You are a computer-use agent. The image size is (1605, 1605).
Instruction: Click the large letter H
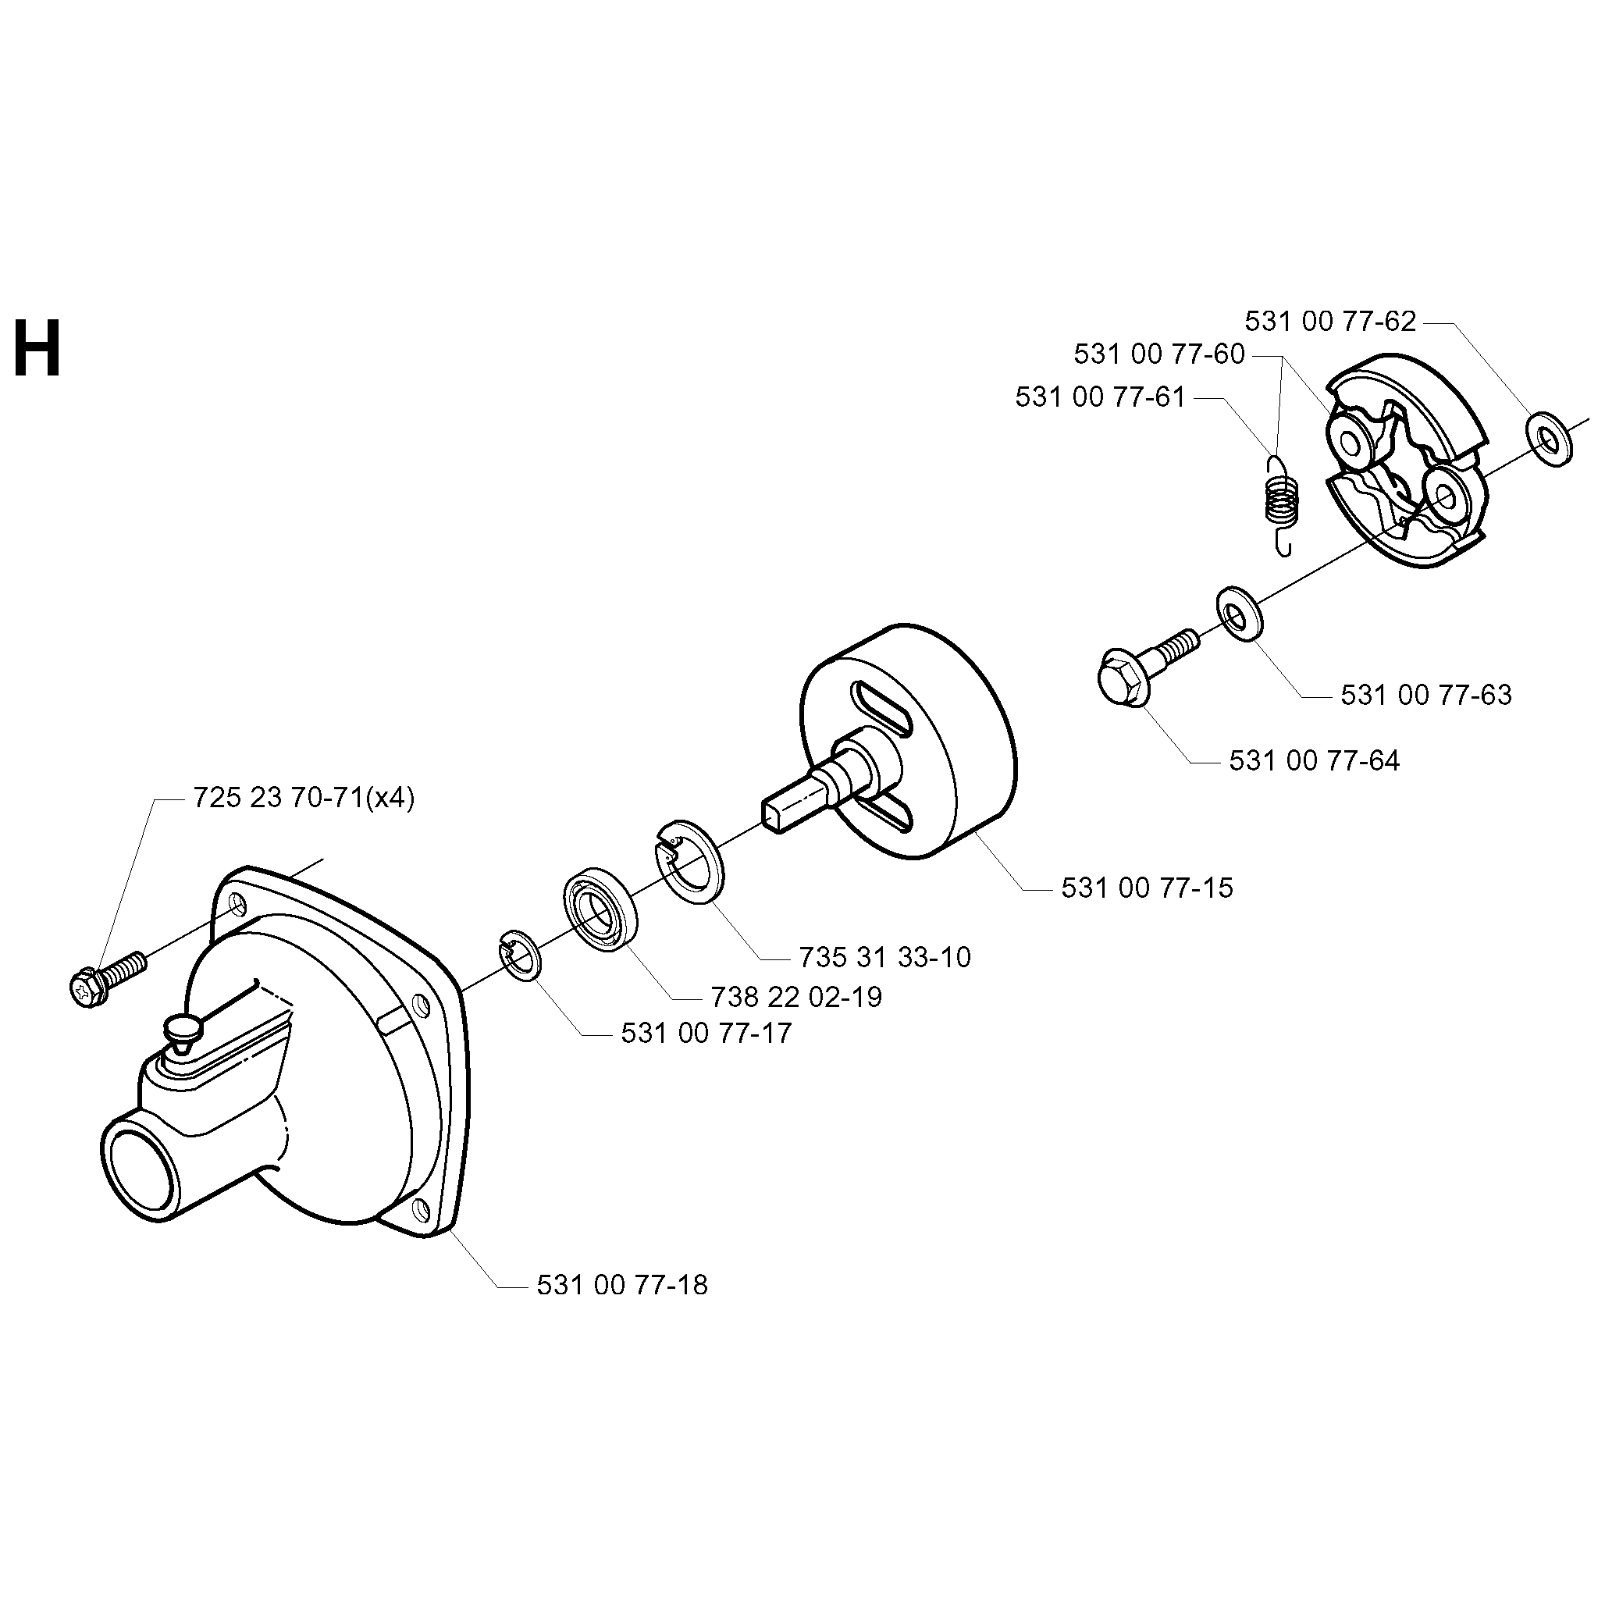pos(37,350)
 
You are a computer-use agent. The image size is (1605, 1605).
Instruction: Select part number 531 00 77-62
pos(1329,322)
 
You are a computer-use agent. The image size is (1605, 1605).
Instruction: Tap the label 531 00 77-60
pos(1159,354)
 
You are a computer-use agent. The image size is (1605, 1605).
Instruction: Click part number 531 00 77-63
pos(1425,695)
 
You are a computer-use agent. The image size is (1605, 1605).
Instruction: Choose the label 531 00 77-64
pos(1315,760)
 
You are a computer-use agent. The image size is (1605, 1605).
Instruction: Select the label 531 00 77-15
pos(1147,888)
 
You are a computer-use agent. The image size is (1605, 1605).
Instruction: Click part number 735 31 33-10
pos(884,957)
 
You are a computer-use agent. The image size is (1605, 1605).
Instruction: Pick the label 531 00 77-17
pos(706,1034)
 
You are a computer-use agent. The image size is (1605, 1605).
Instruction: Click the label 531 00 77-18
pos(622,1285)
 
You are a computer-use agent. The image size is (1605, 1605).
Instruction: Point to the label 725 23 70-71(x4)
pos(303,799)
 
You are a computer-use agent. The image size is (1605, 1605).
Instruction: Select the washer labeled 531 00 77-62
pos(1550,437)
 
